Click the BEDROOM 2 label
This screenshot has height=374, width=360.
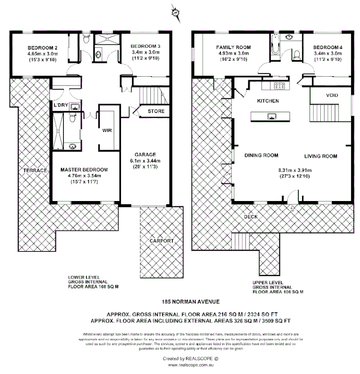coord(42,47)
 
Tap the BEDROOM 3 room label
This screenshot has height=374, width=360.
coord(145,46)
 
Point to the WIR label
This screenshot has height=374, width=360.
coord(107,131)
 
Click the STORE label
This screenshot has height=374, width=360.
coord(155,111)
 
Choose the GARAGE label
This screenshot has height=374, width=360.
coord(145,154)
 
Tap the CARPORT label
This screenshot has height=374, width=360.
coord(162,241)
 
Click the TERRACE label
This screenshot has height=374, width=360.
coord(35,171)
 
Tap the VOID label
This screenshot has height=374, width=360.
coord(332,95)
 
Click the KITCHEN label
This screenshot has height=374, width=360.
coord(268,101)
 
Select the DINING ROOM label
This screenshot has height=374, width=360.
coord(261,156)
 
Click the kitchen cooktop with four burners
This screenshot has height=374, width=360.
coord(280,85)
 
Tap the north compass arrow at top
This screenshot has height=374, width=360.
coord(176,10)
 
